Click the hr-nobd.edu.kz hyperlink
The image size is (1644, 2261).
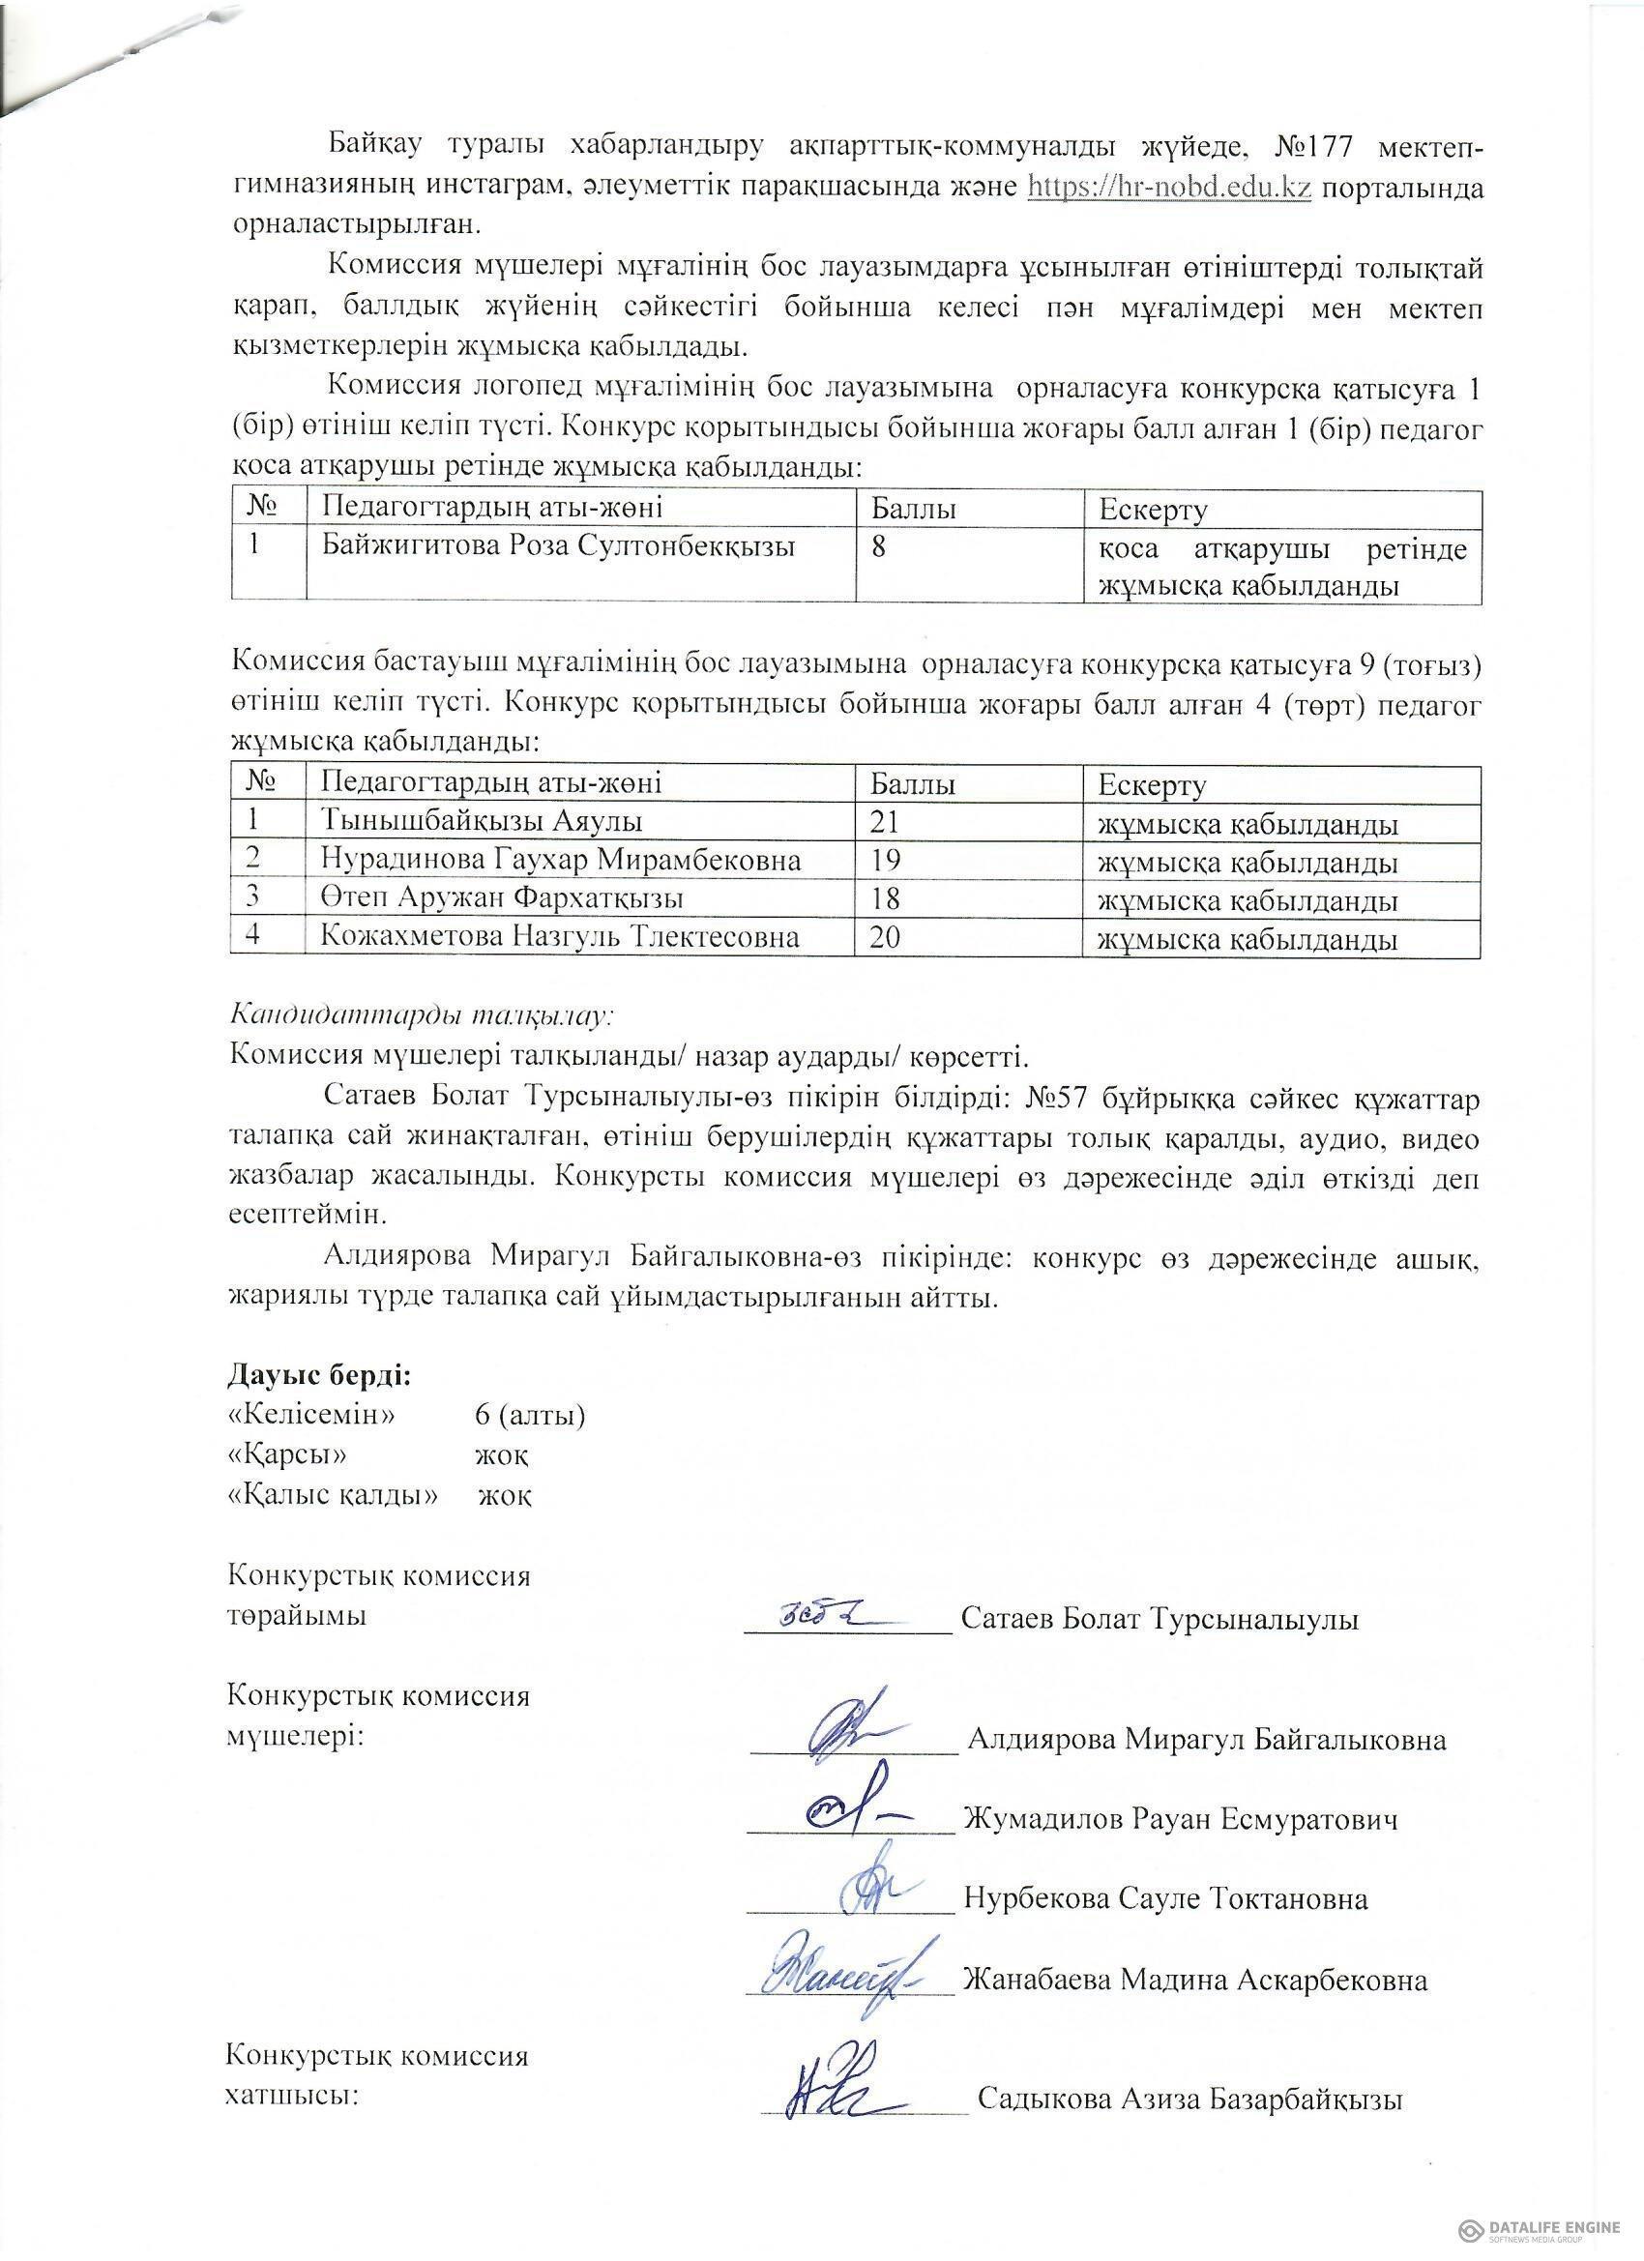[x=1168, y=188]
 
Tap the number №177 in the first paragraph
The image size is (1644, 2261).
[x=1313, y=147]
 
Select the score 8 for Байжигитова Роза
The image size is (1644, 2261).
[x=878, y=547]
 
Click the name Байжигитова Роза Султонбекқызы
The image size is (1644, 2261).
[x=557, y=546]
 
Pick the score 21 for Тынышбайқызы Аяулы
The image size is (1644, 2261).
[x=885, y=821]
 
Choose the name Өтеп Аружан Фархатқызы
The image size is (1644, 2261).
[x=502, y=898]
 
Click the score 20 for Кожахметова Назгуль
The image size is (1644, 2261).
[x=885, y=937]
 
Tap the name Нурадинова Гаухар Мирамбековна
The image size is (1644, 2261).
[x=560, y=860]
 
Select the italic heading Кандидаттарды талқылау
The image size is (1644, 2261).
[x=420, y=1015]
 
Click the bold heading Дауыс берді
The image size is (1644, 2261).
[x=319, y=1375]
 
